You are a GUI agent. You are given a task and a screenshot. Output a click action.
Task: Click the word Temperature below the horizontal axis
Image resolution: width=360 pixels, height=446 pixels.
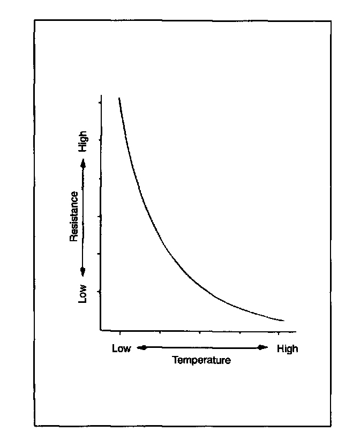coord(201,360)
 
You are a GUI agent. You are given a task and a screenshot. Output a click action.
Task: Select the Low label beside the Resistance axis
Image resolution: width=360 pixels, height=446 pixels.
coord(82,293)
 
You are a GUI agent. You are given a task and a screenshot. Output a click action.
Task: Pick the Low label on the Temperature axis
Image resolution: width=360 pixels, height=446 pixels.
coord(121,348)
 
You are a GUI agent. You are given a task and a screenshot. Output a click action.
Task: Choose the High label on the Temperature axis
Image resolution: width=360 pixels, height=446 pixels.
coord(287,348)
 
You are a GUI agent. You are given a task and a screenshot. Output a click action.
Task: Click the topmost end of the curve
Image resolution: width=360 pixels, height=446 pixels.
coord(119,98)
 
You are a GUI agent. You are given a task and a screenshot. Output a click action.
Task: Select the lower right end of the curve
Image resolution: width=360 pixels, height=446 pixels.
coord(283,321)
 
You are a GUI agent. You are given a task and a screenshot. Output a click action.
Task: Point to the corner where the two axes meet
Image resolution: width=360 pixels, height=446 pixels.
coord(100,330)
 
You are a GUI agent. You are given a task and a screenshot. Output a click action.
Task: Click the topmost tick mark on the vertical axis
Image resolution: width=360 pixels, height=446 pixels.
coord(100,101)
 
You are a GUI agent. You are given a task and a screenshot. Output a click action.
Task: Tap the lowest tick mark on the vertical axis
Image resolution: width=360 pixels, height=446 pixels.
coord(100,292)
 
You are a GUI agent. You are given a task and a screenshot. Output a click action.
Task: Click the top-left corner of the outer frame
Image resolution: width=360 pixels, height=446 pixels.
coord(35,20)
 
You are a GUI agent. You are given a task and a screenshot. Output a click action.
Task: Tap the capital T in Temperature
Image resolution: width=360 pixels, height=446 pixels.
coord(175,360)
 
